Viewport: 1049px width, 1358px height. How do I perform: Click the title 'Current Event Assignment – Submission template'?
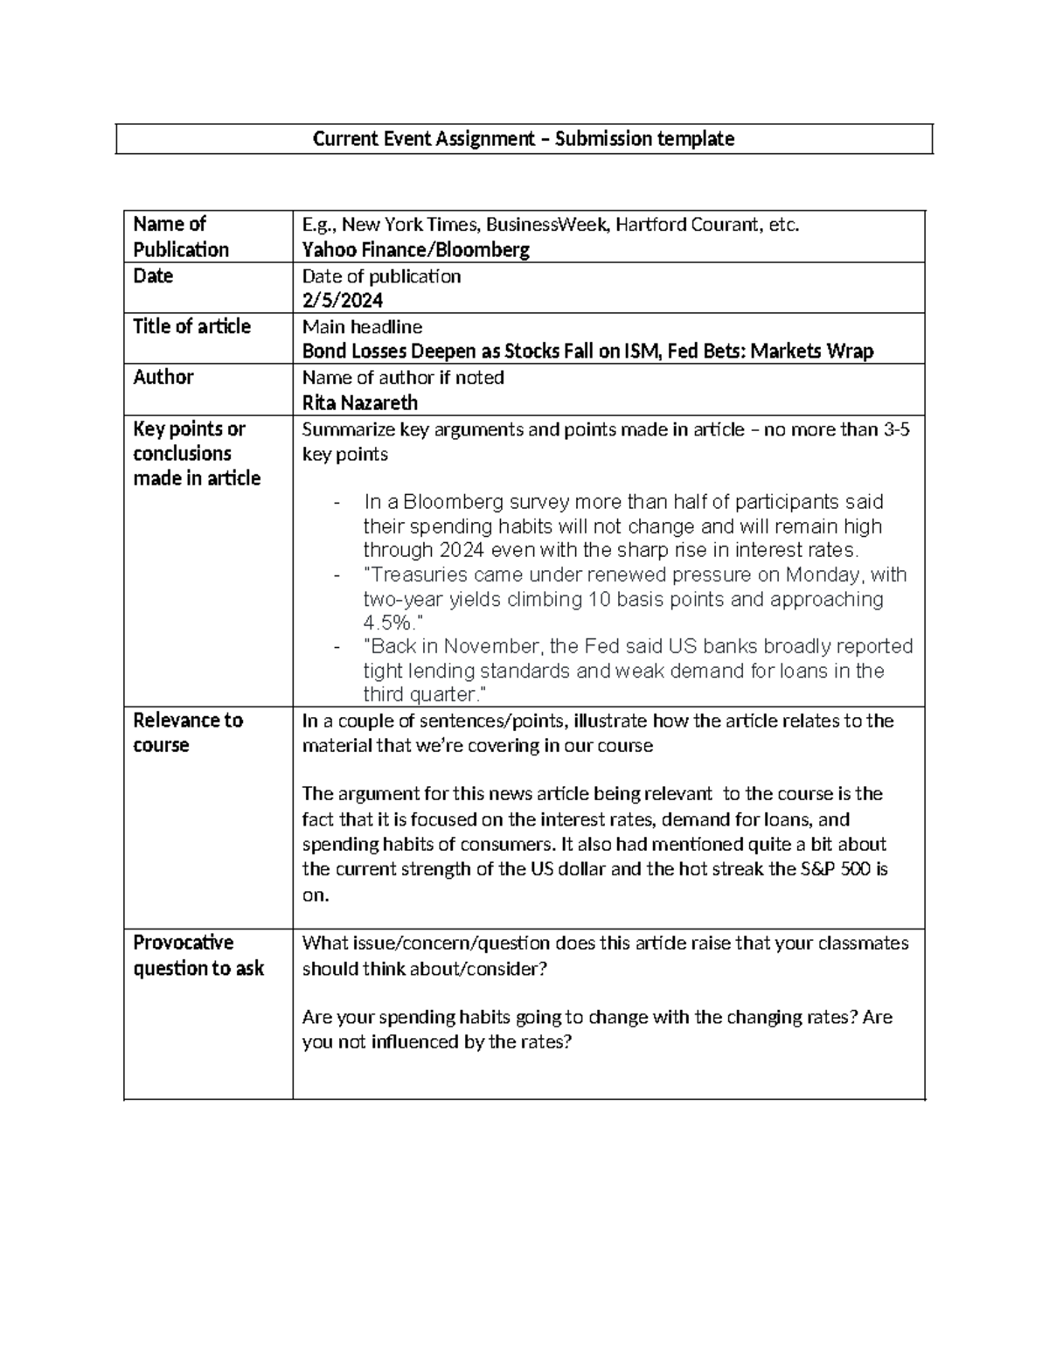coord(524,139)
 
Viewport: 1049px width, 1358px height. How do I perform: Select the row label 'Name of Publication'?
coord(181,237)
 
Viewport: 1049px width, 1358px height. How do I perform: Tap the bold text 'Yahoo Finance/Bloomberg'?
coord(415,250)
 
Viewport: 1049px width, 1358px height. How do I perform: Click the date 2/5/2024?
coord(342,301)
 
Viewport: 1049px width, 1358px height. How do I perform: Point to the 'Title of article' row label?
coord(191,327)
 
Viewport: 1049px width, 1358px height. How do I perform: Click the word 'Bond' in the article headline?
coord(324,352)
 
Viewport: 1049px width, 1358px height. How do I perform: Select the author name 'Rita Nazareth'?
coord(359,403)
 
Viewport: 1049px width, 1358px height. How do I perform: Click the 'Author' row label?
coord(163,378)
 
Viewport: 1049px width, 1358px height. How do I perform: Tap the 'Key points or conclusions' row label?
coord(197,453)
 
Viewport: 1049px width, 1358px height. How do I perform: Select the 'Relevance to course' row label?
coord(187,733)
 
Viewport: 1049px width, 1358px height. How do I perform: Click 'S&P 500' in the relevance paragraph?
coord(837,869)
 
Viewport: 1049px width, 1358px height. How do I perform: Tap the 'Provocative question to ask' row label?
coord(198,955)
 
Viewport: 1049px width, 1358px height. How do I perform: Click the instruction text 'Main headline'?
coord(362,327)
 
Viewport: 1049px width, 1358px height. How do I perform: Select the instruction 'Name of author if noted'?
coord(403,378)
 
